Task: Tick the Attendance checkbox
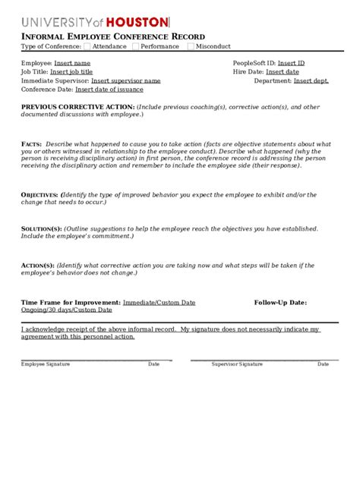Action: (x=87, y=46)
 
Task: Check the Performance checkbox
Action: (x=136, y=46)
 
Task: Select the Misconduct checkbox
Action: (x=191, y=46)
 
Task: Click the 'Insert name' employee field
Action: (x=72, y=63)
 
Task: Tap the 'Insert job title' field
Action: (x=71, y=71)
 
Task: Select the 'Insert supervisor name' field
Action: (x=125, y=80)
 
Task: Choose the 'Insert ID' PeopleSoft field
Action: (x=291, y=63)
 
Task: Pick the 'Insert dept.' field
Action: (x=311, y=80)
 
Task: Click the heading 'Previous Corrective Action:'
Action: (x=78, y=107)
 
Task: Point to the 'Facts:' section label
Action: (x=31, y=143)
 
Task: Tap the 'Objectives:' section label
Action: (x=40, y=195)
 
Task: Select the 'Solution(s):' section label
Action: (x=41, y=228)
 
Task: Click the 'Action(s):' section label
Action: (x=37, y=265)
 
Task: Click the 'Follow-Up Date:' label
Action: (x=280, y=302)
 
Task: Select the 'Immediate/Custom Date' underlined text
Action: (x=159, y=302)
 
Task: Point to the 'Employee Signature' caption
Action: (x=46, y=364)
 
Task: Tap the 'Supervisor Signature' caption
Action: (x=237, y=364)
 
